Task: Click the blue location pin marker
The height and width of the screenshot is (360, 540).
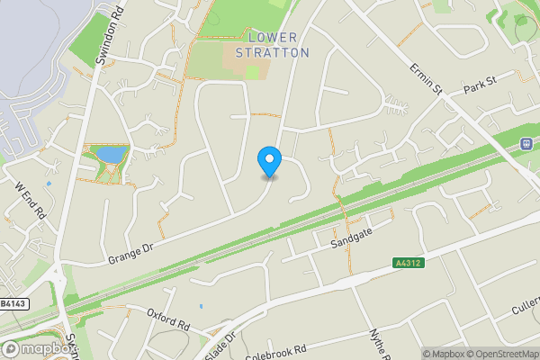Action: coord(269,161)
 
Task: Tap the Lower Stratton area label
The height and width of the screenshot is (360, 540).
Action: coord(272,45)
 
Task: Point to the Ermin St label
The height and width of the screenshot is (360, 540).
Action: coord(426,78)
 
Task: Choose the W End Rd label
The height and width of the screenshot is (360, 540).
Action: coord(30,201)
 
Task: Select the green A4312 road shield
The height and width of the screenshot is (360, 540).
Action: coord(408,263)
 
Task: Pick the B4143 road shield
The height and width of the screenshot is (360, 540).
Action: coord(11,304)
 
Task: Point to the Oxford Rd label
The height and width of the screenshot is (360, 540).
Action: coord(169,317)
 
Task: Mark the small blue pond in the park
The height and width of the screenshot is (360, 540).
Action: coord(111,156)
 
